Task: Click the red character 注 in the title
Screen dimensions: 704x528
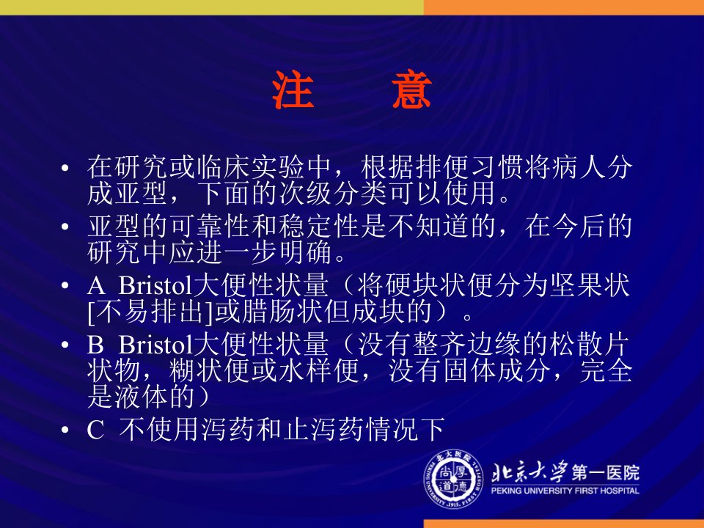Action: (293, 89)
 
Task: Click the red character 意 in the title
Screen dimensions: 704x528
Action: (411, 89)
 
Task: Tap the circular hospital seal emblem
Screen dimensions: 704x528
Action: (454, 479)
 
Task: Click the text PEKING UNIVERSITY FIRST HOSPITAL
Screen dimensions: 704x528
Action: (565, 491)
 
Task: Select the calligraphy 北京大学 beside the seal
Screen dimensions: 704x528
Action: (529, 472)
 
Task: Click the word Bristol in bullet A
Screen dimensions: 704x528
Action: (155, 285)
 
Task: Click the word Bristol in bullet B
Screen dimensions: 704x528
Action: (155, 345)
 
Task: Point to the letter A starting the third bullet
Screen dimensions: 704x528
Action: (96, 286)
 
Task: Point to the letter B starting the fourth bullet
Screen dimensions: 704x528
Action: (95, 345)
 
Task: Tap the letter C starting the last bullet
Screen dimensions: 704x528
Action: (95, 430)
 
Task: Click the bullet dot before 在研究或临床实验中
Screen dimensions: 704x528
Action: (65, 168)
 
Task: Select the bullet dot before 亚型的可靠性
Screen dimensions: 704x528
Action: (65, 227)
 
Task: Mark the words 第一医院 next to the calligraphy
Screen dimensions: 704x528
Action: (605, 472)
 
